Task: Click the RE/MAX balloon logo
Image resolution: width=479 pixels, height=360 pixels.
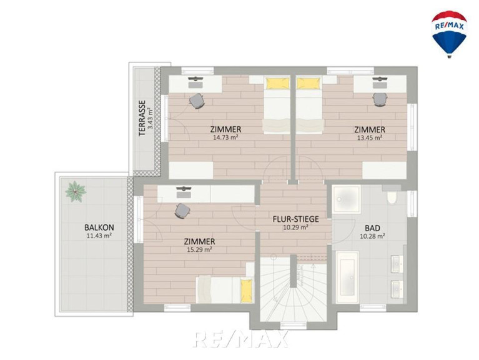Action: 449,34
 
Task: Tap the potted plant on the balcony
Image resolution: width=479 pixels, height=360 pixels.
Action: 76,191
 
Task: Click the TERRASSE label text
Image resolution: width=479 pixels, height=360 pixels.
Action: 142,118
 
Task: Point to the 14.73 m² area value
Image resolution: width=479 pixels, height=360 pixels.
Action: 225,137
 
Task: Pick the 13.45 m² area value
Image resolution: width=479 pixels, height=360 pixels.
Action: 370,138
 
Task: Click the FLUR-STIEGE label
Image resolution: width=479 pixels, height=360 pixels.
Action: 296,219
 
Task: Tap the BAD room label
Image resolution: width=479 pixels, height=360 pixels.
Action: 372,228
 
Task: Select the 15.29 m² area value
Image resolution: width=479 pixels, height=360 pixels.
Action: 199,249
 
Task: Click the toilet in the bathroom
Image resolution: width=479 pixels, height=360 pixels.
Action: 392,197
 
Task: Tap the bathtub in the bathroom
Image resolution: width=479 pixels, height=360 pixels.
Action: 347,277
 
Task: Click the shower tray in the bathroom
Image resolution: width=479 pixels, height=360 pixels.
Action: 347,199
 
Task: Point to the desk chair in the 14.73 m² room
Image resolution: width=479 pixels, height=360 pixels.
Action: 197,101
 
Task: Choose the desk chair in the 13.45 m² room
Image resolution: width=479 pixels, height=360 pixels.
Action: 380,99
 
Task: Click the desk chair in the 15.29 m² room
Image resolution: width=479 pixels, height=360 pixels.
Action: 183,211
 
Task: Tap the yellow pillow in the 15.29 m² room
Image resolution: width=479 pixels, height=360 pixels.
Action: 246,290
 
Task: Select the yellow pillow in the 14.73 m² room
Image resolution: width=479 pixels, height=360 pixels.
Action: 277,83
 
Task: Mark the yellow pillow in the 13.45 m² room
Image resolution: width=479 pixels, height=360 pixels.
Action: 309,83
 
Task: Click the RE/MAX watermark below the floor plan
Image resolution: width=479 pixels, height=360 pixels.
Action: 241,339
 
